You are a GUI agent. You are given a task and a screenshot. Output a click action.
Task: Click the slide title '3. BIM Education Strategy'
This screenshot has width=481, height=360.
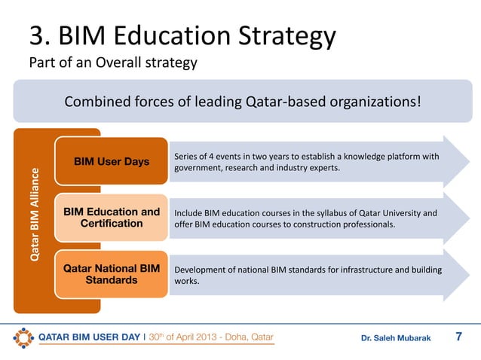[182, 35]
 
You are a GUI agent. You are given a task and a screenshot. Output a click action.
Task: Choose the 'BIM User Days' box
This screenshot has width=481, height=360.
[111, 161]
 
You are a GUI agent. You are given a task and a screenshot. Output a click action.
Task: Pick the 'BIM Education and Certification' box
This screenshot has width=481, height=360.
[111, 218]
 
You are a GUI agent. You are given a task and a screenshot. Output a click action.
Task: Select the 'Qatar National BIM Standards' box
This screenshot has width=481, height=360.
[111, 274]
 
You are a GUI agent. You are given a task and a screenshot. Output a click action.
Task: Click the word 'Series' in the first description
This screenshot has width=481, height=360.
[186, 155]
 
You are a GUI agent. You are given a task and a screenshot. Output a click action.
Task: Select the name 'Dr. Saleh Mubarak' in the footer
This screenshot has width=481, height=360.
[396, 338]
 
